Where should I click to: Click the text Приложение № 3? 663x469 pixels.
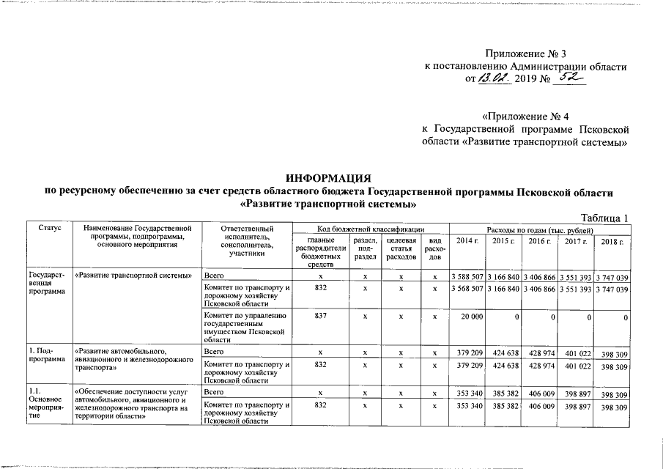pyautogui.click(x=526, y=53)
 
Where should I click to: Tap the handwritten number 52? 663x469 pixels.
pyautogui.click(x=569, y=78)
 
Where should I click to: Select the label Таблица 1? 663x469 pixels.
pyautogui.click(x=605, y=218)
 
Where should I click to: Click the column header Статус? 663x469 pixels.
pyautogui.click(x=48, y=229)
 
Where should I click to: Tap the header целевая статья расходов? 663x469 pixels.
pyautogui.click(x=401, y=248)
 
